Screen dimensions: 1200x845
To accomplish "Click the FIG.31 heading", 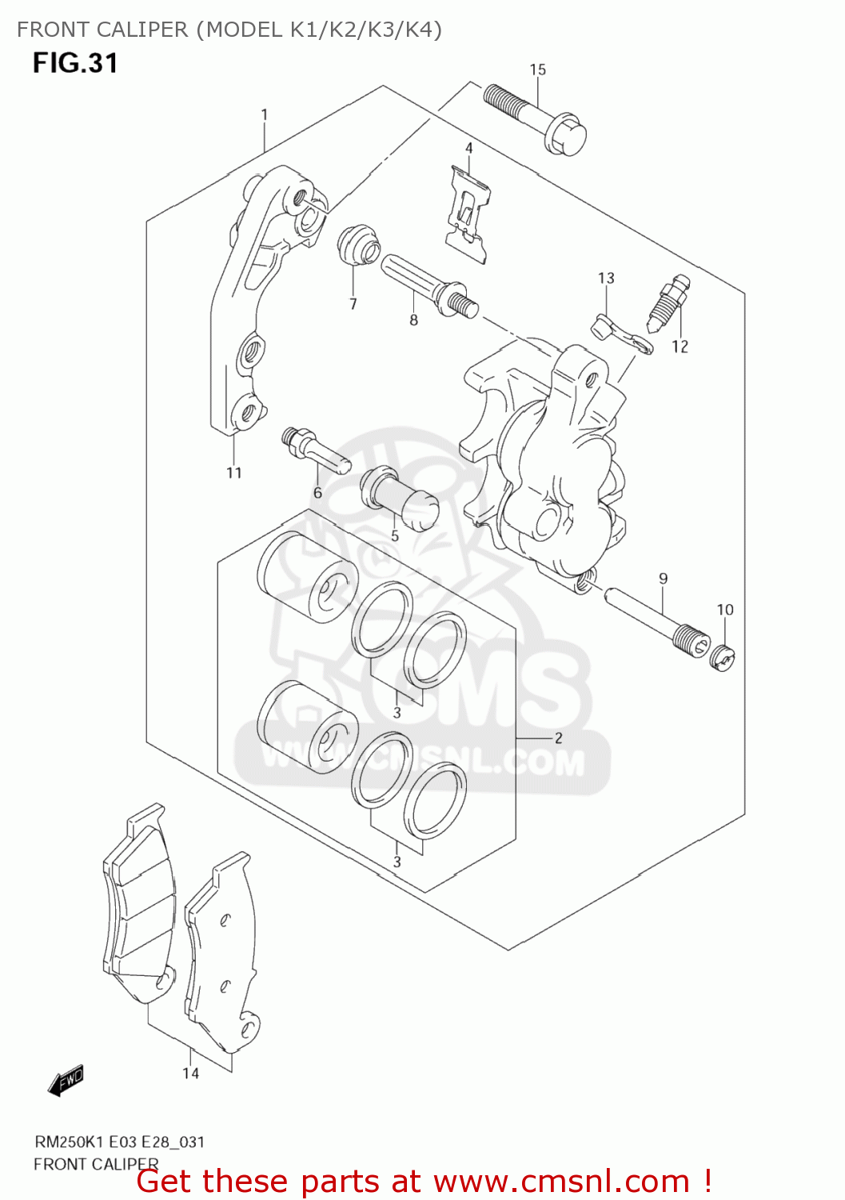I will click(x=75, y=63).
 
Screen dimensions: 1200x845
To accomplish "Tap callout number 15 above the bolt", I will click(x=538, y=70).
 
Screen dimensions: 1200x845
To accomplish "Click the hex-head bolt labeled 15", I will click(x=536, y=121).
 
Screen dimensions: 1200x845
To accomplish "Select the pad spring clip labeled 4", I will click(x=468, y=210).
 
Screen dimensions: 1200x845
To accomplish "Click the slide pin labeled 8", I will click(x=427, y=285).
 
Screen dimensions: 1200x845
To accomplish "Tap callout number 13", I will click(x=606, y=278).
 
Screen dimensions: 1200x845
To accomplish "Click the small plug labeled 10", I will click(x=723, y=658).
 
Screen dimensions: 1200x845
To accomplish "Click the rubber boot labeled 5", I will click(x=400, y=498).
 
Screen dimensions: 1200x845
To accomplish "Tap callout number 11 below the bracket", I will click(x=233, y=473).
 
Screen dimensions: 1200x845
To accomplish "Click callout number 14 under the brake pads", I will click(x=190, y=1073).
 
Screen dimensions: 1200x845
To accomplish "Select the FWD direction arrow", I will click(x=66, y=1080).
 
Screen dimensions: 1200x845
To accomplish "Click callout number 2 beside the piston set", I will click(x=558, y=738).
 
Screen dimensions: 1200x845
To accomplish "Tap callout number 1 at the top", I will click(x=265, y=115).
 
